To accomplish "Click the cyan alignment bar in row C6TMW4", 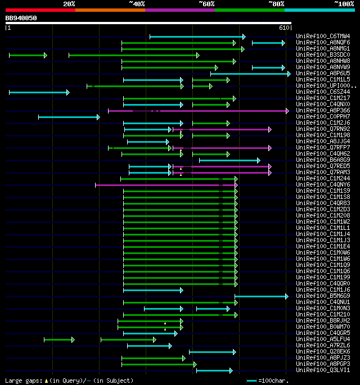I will click(197, 37).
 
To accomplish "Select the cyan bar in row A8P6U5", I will click(250, 74).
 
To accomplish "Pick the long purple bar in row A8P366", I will click(225, 111).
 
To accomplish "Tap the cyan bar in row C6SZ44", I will click(38, 92).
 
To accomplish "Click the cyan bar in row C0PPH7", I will click(68, 117).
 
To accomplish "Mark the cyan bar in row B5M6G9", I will click(260, 296).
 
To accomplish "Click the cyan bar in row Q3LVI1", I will click(213, 370).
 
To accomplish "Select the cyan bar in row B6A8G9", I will click(229, 160).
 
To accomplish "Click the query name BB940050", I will click(21, 18).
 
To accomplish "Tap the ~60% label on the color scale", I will click(206, 4).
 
